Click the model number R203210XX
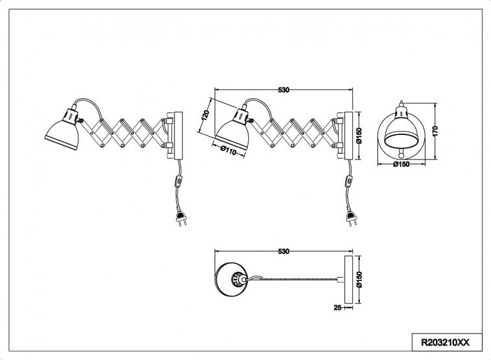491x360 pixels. [x=445, y=342]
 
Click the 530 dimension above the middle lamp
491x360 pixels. [x=283, y=90]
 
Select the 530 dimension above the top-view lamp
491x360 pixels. [x=283, y=252]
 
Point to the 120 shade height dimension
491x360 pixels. [x=205, y=116]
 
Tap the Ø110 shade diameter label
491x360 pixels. [x=228, y=150]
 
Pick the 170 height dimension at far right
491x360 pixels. [x=435, y=130]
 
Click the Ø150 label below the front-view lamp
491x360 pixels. [x=401, y=164]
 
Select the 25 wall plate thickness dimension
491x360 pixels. [x=337, y=307]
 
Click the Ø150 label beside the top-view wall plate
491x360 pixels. [x=359, y=280]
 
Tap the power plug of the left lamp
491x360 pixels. [x=181, y=217]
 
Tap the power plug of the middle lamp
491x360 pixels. [x=352, y=217]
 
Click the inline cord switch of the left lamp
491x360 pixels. [x=178, y=181]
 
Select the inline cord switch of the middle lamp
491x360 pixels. [x=348, y=181]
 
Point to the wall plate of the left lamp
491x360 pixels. [x=178, y=136]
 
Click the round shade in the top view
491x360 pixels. [x=232, y=279]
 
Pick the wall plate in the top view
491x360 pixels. [x=348, y=280]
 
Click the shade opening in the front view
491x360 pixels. [x=401, y=139]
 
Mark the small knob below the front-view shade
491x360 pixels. [x=401, y=155]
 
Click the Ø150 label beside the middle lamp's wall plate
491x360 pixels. [x=359, y=136]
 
